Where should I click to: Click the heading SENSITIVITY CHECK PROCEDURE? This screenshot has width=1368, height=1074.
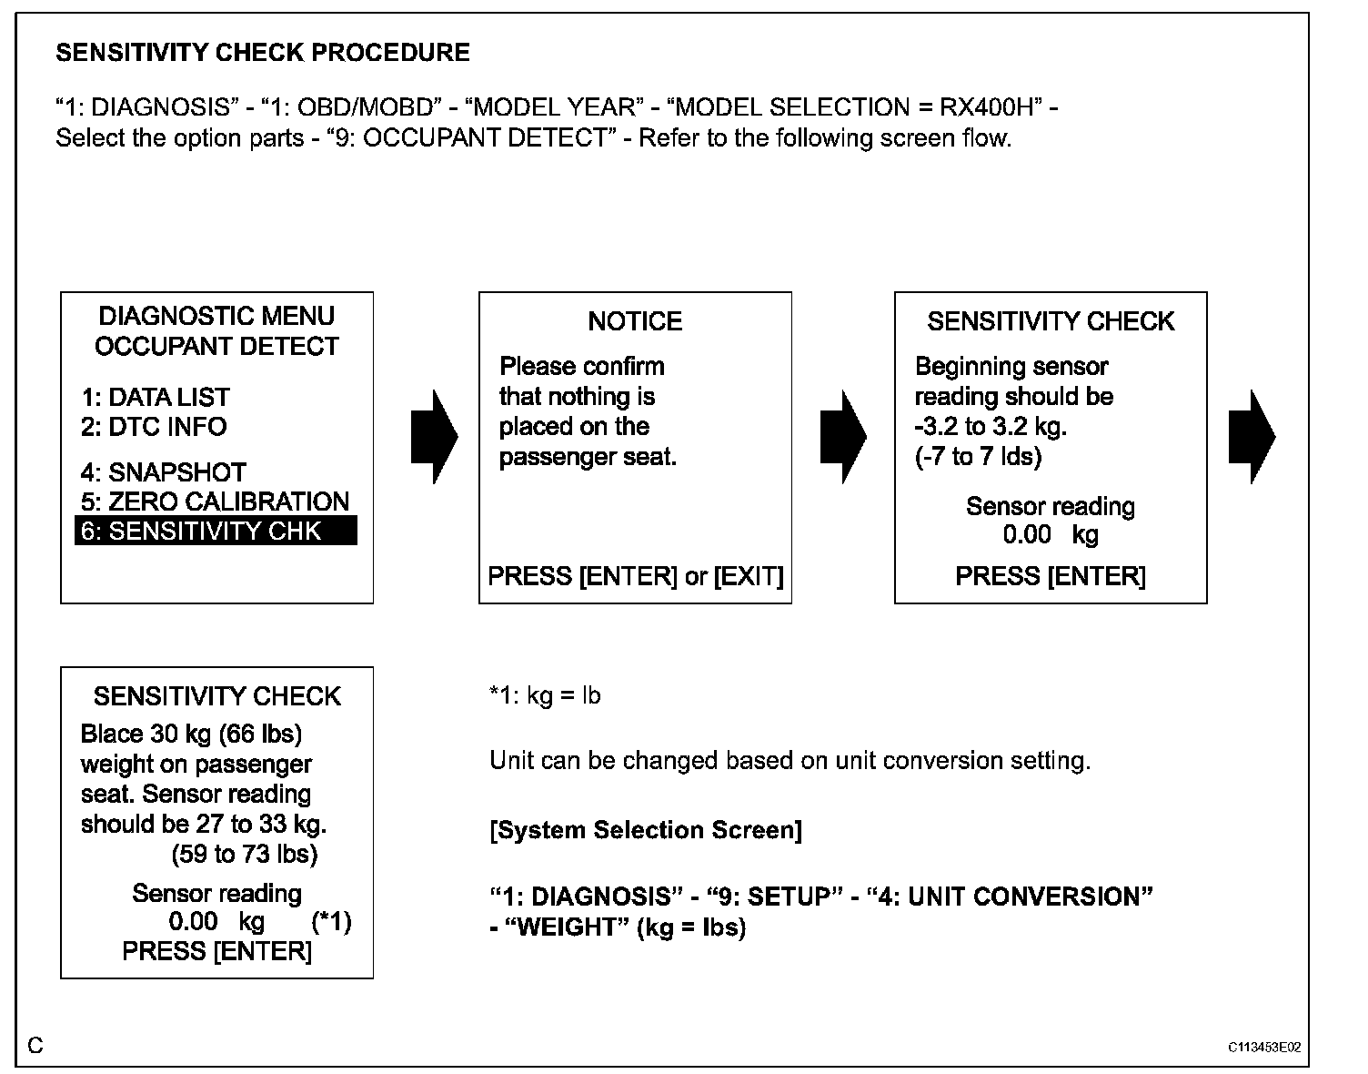(263, 53)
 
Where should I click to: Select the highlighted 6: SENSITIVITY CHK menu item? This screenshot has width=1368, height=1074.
(216, 531)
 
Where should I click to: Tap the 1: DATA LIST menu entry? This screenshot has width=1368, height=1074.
(155, 397)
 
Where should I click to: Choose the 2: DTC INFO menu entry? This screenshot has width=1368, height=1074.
(154, 427)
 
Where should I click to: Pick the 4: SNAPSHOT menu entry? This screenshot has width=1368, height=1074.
(164, 472)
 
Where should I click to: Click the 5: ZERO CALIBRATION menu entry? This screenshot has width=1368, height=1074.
(215, 502)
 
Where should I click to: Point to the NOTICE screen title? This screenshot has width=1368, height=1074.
(635, 321)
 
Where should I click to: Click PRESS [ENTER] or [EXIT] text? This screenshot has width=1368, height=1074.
(635, 576)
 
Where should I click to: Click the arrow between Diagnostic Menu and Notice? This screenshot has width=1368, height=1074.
(434, 437)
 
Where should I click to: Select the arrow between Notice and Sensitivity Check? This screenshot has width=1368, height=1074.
(842, 437)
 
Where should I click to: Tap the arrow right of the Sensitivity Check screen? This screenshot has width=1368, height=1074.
(1251, 437)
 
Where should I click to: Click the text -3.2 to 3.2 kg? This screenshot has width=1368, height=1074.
(991, 427)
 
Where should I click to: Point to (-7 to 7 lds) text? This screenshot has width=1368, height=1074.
(978, 456)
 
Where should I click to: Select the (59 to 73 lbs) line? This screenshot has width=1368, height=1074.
(245, 854)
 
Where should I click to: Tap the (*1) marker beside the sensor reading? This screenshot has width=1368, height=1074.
(331, 922)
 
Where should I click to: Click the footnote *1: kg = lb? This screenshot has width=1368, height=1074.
(545, 696)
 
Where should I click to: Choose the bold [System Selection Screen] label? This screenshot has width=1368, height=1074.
(646, 830)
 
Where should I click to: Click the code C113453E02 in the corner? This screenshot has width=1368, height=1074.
(1263, 1048)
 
